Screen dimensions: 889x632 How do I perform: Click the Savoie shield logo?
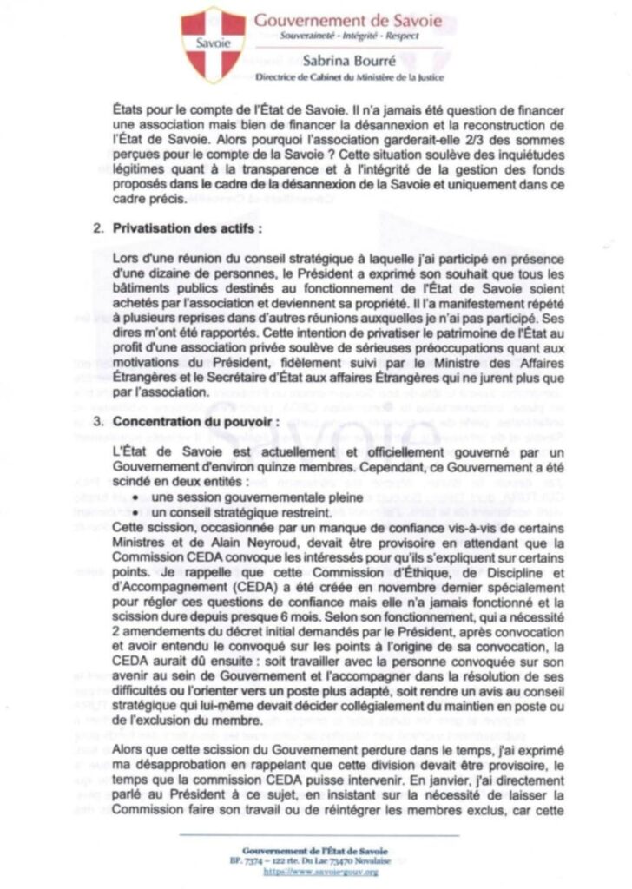(x=213, y=44)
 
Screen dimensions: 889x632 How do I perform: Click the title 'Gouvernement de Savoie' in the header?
(x=348, y=21)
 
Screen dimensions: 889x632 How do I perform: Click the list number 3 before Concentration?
(x=97, y=421)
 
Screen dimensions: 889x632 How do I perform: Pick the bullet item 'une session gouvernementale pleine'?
(x=236, y=497)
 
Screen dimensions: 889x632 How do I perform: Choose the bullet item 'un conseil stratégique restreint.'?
(x=229, y=512)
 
